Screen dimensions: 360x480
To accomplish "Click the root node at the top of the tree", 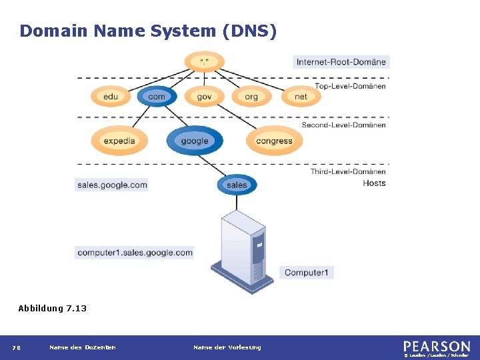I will [x=205, y=62].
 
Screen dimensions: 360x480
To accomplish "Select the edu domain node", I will [x=111, y=97].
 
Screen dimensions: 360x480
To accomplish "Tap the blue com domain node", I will [x=157, y=97].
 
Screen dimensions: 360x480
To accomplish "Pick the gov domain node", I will [x=204, y=97].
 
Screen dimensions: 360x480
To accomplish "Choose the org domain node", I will [x=251, y=97].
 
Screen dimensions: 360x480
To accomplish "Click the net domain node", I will [x=301, y=97].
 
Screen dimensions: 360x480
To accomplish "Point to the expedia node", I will [x=119, y=141].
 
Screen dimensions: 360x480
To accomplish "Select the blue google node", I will [x=194, y=141].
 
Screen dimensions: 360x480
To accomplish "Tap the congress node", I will [x=274, y=141].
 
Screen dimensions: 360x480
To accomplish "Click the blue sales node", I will [x=237, y=185].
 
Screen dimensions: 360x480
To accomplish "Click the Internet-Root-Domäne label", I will [x=341, y=62].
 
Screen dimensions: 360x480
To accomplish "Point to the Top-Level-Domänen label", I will [x=350, y=86].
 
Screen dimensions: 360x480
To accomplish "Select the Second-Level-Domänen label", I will [x=343, y=125].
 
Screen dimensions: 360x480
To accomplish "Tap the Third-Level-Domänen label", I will [x=347, y=171].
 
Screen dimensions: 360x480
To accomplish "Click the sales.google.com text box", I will [x=112, y=185].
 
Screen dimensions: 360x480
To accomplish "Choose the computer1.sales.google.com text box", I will [x=135, y=253].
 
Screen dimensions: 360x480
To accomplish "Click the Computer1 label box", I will [x=307, y=272].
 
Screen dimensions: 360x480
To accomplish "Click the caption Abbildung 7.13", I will [x=52, y=308].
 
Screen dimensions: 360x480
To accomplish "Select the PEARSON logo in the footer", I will [x=436, y=347].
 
